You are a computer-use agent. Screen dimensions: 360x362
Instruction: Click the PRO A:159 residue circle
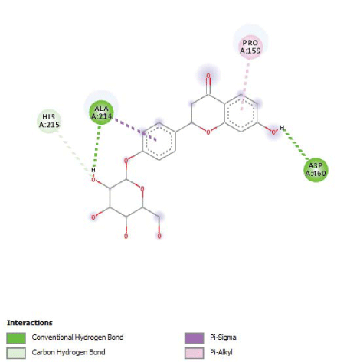tap(250, 47)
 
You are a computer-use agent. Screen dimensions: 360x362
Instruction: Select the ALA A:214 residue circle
tap(101, 113)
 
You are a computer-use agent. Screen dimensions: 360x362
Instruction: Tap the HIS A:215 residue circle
tap(49, 121)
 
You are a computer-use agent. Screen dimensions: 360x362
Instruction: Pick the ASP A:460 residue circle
tap(316, 170)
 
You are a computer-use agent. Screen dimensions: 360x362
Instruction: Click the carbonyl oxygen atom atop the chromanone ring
tap(208, 76)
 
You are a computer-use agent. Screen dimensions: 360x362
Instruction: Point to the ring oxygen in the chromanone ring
tap(208, 132)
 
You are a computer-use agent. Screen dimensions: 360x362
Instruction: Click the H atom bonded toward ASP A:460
tap(282, 128)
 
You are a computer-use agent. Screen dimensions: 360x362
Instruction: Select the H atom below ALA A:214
tap(93, 170)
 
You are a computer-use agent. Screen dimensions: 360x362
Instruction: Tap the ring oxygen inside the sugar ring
tap(142, 189)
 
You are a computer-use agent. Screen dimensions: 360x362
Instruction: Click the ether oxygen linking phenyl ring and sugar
tap(126, 161)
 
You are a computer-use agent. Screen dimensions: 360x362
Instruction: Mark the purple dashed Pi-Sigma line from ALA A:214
tap(135, 129)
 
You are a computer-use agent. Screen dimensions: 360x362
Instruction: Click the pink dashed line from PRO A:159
tap(244, 85)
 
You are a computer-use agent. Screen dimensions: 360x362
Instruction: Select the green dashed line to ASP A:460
tap(296, 145)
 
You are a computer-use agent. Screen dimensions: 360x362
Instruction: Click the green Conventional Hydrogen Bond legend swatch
tap(16, 338)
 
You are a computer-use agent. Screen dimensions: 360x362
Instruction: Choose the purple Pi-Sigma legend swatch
tap(195, 338)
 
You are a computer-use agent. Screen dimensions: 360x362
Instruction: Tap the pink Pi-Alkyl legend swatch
tap(195, 353)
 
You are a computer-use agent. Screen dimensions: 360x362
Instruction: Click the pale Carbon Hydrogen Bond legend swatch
tap(16, 353)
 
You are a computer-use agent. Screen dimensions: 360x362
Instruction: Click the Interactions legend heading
tap(30, 323)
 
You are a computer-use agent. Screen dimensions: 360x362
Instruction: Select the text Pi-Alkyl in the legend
tap(221, 352)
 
